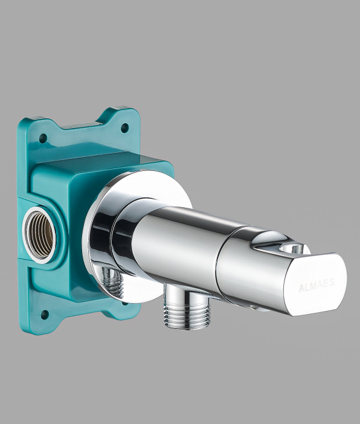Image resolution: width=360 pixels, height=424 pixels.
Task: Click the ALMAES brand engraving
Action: tap(317, 284)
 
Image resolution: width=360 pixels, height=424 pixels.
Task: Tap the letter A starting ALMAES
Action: tap(301, 288)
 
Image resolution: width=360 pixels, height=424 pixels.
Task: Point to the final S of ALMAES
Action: tap(332, 282)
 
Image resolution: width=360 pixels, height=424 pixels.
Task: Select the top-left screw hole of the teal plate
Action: tap(43, 138)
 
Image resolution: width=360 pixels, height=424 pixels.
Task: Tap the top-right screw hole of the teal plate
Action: tap(124, 127)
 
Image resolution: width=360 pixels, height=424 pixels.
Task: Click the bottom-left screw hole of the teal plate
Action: tap(45, 315)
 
